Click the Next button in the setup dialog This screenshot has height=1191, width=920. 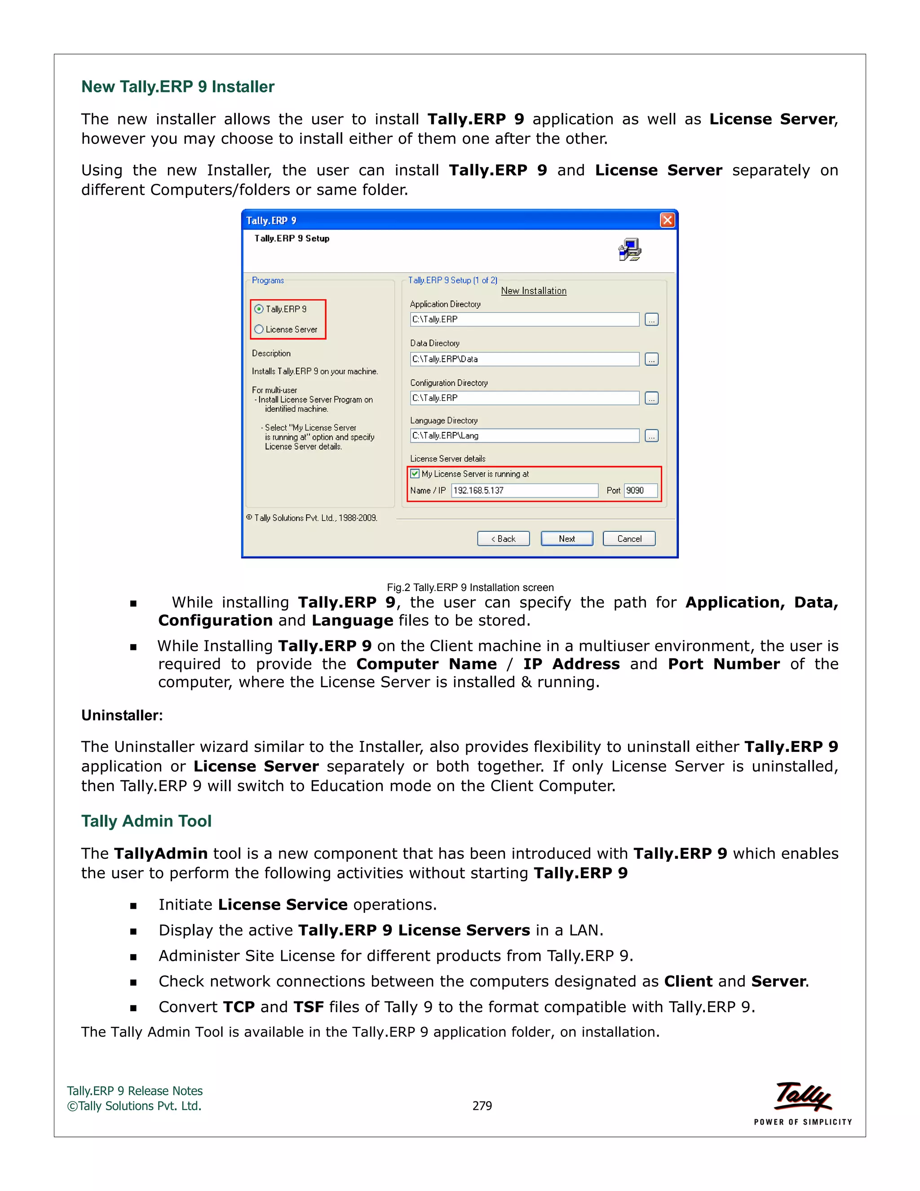point(566,538)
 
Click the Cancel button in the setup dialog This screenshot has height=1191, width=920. point(629,538)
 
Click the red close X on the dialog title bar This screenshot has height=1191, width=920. point(667,220)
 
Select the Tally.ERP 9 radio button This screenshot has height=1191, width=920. point(259,309)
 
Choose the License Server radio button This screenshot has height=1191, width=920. point(259,329)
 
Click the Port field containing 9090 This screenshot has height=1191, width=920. point(641,490)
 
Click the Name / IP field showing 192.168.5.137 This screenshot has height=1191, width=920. point(524,490)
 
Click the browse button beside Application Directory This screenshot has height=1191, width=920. point(651,320)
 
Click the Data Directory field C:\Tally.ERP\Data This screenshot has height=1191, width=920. point(524,359)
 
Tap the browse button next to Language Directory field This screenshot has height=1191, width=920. point(651,436)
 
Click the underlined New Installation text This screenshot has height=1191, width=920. point(534,291)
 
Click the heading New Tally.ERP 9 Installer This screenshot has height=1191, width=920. point(178,87)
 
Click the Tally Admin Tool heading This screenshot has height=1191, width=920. point(146,821)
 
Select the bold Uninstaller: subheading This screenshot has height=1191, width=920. point(122,715)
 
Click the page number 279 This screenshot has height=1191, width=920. point(482,1106)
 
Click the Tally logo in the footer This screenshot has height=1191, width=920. point(802,1097)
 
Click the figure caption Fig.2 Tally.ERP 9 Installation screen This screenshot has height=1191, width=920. point(470,587)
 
